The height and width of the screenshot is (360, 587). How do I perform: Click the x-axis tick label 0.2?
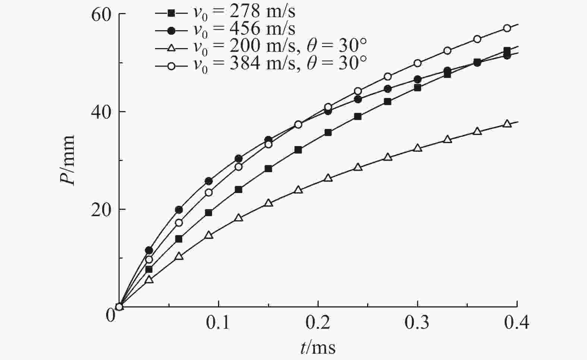pyautogui.click(x=318, y=323)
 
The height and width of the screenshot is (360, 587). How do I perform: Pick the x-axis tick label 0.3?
pyautogui.click(x=417, y=323)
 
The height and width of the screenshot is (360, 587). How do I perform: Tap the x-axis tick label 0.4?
pyautogui.click(x=517, y=323)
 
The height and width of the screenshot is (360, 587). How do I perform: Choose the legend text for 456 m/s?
pyautogui.click(x=244, y=29)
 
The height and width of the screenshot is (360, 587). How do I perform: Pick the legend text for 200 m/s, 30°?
pyautogui.click(x=280, y=46)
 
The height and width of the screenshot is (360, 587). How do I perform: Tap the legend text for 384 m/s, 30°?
pyautogui.click(x=280, y=63)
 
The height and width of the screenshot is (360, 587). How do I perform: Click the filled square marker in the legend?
pyautogui.click(x=171, y=13)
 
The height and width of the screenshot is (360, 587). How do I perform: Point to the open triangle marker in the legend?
pyautogui.click(x=171, y=47)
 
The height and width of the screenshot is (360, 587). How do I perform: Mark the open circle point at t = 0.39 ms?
pyautogui.click(x=507, y=28)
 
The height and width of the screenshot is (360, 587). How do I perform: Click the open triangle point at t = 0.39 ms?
pyautogui.click(x=507, y=124)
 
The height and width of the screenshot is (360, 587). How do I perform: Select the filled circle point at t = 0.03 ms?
pyautogui.click(x=149, y=250)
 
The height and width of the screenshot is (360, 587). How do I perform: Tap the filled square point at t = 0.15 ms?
pyautogui.click(x=268, y=168)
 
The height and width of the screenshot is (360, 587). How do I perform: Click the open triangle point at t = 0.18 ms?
pyautogui.click(x=298, y=190)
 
